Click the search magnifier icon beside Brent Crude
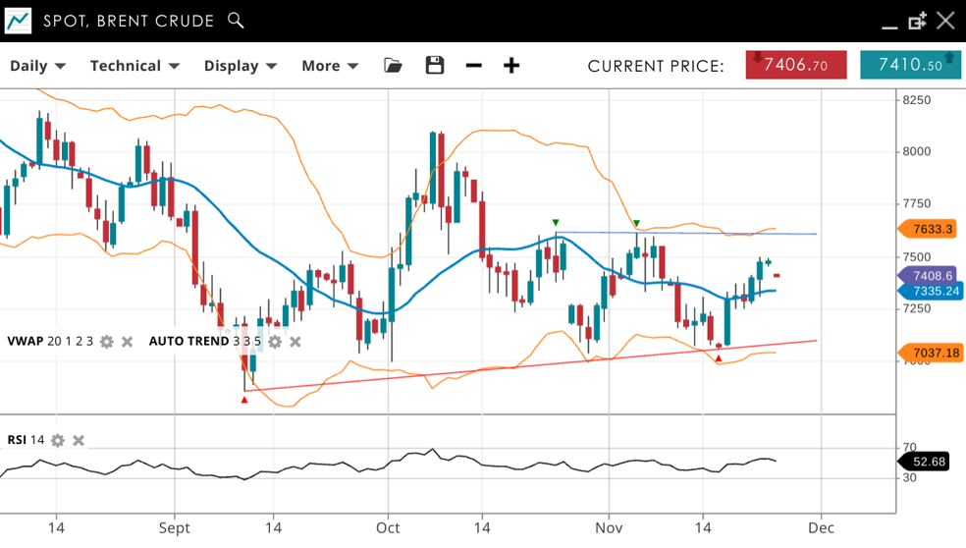[x=236, y=21]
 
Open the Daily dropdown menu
[x=37, y=66]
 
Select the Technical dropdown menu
[x=134, y=66]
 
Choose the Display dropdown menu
[x=240, y=66]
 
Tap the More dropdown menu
[x=330, y=66]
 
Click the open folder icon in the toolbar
[x=393, y=66]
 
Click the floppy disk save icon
[x=435, y=66]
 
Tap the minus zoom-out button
[x=474, y=66]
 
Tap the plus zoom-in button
[x=511, y=66]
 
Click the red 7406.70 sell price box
[x=795, y=65]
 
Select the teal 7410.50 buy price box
[x=910, y=65]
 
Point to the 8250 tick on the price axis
[x=916, y=100]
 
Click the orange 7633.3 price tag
[x=931, y=229]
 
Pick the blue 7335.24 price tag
[x=933, y=292]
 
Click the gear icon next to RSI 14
[x=58, y=441]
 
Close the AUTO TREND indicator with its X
[x=295, y=342]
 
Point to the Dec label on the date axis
[x=821, y=527]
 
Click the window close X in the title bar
[x=945, y=21]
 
